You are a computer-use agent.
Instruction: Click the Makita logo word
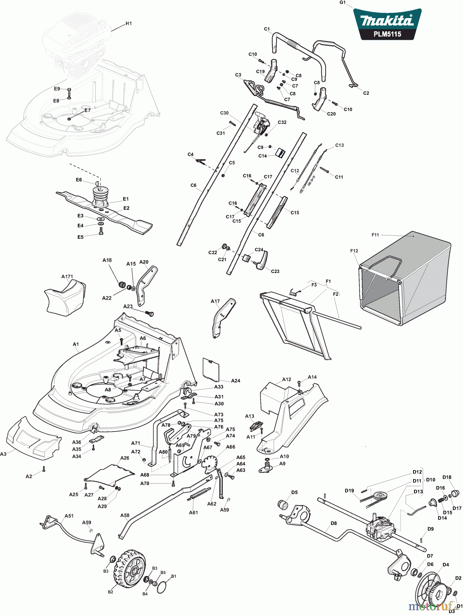[387, 21]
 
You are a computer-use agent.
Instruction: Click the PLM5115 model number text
[387, 34]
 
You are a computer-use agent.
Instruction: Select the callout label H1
[129, 24]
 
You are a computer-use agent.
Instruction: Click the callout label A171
[67, 276]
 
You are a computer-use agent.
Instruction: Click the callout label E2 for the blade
[126, 208]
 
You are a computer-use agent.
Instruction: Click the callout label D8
[333, 523]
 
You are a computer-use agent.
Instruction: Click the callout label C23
[275, 271]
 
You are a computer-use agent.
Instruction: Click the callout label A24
[235, 381]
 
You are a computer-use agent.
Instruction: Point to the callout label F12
[354, 251]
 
